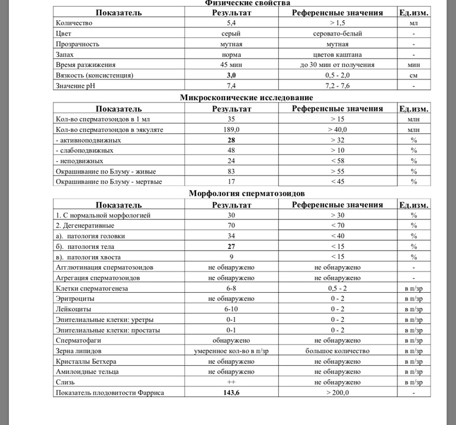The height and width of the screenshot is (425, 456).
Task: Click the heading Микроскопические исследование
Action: pos(246,98)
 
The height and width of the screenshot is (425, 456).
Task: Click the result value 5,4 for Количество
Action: pos(231,23)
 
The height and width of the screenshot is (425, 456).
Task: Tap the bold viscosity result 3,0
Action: pos(231,76)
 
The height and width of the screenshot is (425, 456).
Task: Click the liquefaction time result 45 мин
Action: pos(231,65)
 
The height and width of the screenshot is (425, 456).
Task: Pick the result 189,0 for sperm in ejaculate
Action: pos(231,129)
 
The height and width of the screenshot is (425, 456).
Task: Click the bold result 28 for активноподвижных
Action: pos(231,140)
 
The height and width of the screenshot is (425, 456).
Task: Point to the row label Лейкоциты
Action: pos(74,309)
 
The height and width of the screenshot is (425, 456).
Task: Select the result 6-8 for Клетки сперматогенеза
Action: pos(231,288)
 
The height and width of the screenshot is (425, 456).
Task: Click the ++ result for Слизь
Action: pos(231,382)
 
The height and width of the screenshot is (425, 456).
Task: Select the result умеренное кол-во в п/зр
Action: pos(231,351)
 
